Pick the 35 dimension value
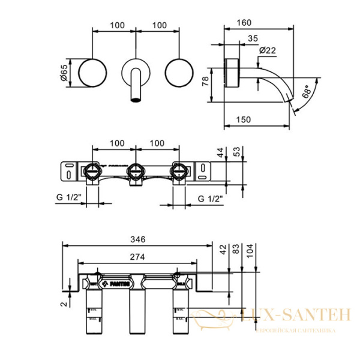[x=251, y=37]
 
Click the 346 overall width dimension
[x=139, y=239]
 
